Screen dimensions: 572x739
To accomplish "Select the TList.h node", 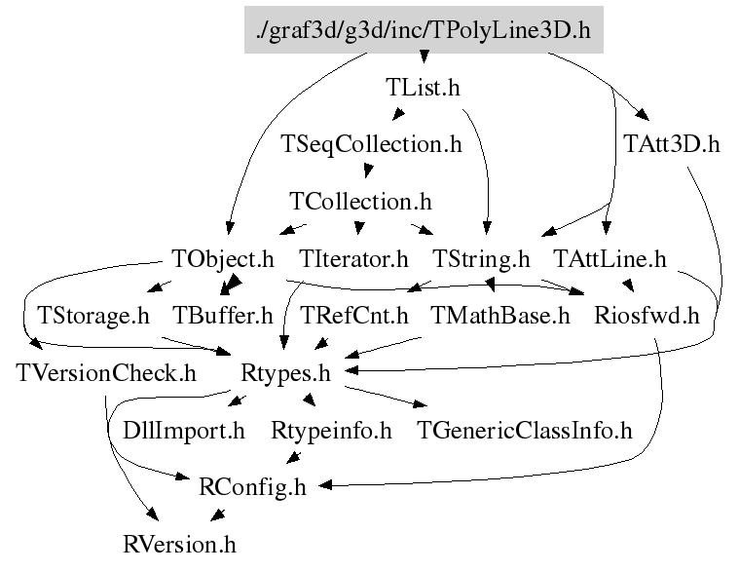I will coord(423,88).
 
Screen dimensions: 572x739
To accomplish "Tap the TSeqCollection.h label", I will coord(370,144).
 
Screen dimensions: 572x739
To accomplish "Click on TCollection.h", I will coord(360,202).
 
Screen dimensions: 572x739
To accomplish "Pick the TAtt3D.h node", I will coord(671,144).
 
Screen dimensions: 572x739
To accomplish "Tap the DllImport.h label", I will coord(184,430).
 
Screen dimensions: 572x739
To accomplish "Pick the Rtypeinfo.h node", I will coord(331,430).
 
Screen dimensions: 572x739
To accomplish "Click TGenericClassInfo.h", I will coord(524,430).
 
